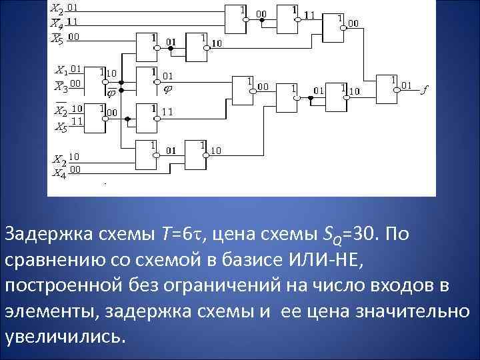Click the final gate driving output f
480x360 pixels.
tap(386, 87)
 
